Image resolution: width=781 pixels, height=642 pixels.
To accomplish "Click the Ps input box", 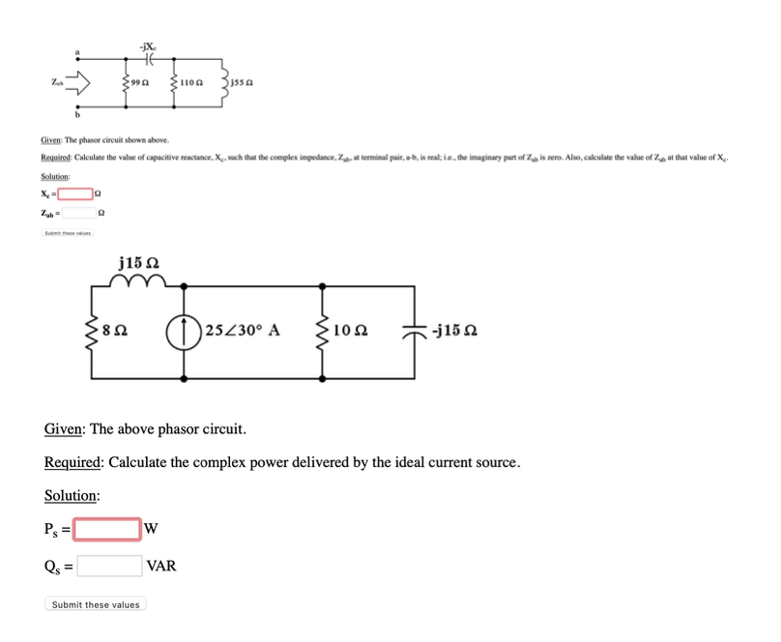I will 108,529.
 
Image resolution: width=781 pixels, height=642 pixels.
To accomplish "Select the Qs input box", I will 109,566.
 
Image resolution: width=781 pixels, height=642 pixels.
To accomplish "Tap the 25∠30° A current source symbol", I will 187,330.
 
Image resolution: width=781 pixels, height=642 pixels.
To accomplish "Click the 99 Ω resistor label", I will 138,85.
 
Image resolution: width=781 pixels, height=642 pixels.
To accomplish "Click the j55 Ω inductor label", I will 244,85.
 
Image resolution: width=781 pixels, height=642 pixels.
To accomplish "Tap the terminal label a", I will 79,50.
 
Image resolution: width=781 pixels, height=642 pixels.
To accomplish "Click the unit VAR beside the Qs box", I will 161,566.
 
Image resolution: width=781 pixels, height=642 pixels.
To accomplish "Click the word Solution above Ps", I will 72,495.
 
